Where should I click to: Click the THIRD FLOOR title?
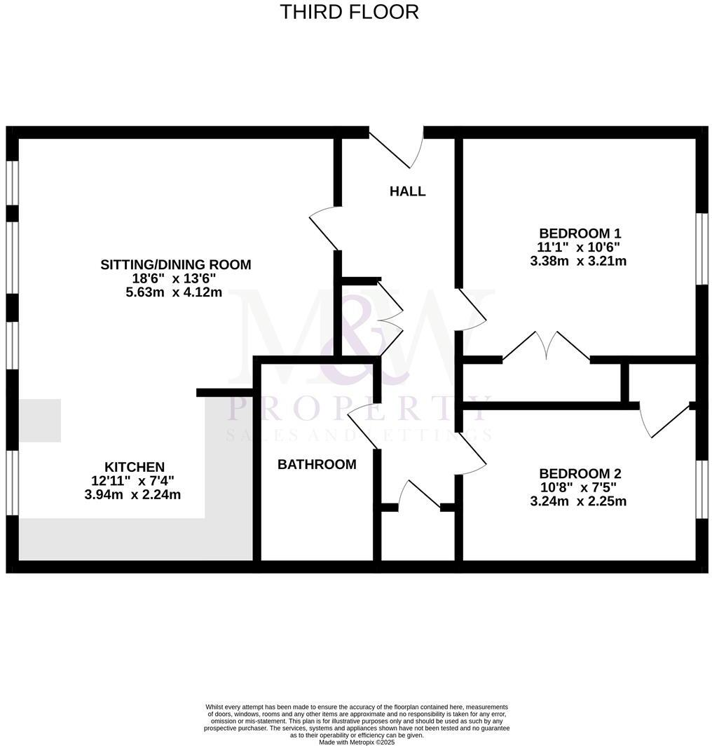coord(349,12)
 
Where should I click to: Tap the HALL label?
coord(407,191)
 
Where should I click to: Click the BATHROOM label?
coord(317,464)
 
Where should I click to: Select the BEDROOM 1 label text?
coord(580,233)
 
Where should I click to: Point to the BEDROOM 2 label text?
coord(580,473)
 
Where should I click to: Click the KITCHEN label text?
coord(135,467)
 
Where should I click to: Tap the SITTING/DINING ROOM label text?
coord(176,264)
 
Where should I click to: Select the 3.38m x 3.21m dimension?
coord(578,262)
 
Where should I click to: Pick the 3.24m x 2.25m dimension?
coord(578,501)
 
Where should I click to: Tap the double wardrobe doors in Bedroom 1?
coord(547,346)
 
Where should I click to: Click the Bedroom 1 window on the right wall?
coord(701,249)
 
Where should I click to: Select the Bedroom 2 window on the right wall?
coord(701,489)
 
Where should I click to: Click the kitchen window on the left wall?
coord(12,484)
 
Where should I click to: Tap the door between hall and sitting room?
coord(324,229)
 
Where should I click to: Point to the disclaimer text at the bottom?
coord(356,724)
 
